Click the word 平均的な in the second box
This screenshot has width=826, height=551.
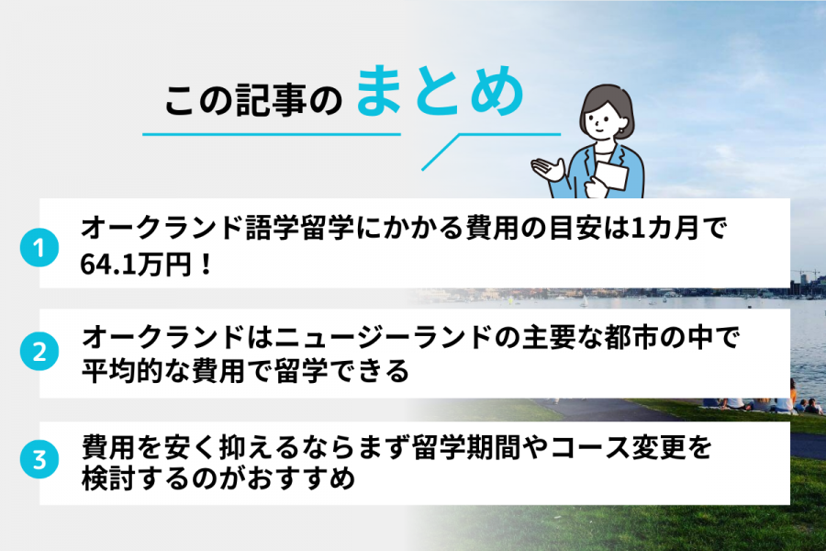(x=138, y=371)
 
